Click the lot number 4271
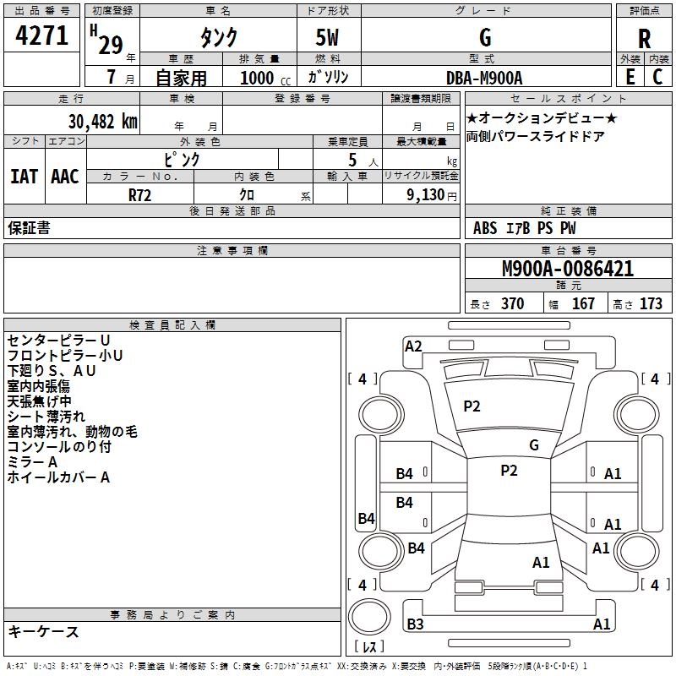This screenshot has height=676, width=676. [x=41, y=35]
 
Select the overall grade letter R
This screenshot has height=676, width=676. [x=644, y=39]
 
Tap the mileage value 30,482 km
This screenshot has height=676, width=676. [x=102, y=122]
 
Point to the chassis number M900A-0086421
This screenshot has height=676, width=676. [x=568, y=269]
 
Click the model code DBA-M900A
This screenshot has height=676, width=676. [x=484, y=78]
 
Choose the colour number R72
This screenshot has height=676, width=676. [x=139, y=195]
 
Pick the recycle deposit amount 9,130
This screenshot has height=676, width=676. [x=426, y=195]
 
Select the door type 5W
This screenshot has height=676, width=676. [x=327, y=37]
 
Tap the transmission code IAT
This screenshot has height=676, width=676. [x=24, y=177]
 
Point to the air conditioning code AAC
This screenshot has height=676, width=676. [x=65, y=177]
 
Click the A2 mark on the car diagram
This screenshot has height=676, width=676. [x=413, y=346]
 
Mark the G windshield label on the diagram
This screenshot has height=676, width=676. [x=534, y=445]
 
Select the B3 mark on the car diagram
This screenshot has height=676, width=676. [x=415, y=624]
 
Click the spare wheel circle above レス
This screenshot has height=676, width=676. [x=369, y=617]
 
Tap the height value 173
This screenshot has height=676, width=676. [x=651, y=304]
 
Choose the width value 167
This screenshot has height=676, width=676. [x=583, y=304]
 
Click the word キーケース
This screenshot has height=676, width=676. [x=44, y=632]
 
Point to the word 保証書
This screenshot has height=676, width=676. [x=29, y=228]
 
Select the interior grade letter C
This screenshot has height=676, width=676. [x=657, y=77]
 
